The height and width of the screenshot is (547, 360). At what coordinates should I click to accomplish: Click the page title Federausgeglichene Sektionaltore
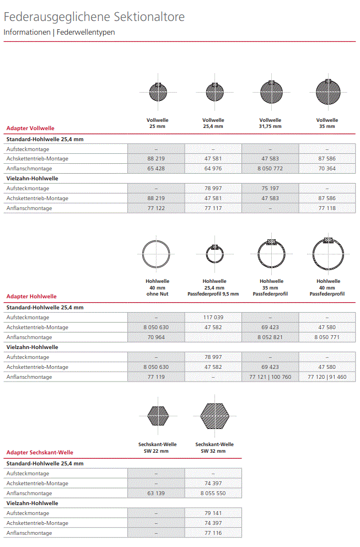tap(94, 17)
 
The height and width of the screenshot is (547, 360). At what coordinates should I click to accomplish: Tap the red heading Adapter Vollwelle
tap(30, 128)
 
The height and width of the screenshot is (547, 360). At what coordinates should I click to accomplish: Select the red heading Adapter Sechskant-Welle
tap(40, 452)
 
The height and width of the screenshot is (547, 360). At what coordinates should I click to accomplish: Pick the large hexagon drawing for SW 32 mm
tap(214, 417)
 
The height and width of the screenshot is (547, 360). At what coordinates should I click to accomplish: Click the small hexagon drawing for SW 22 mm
tap(156, 417)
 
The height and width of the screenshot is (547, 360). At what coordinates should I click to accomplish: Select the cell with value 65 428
tap(156, 169)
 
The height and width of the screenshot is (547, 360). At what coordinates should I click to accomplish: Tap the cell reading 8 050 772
tap(270, 169)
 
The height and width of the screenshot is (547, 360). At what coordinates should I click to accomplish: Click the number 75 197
tap(270, 189)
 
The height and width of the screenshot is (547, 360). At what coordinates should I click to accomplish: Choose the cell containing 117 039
tap(213, 318)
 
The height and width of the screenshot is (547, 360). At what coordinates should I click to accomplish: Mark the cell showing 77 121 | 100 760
tap(270, 377)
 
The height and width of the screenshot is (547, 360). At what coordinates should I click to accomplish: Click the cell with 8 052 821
tap(270, 337)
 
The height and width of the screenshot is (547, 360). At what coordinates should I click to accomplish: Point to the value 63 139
tap(156, 494)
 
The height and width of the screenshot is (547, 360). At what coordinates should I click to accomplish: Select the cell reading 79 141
tap(213, 513)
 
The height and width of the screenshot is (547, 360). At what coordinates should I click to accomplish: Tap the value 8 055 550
tap(213, 494)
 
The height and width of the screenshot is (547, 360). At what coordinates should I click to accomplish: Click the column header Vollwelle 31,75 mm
tap(270, 123)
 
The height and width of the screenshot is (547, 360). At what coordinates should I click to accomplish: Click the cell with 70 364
tap(327, 169)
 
